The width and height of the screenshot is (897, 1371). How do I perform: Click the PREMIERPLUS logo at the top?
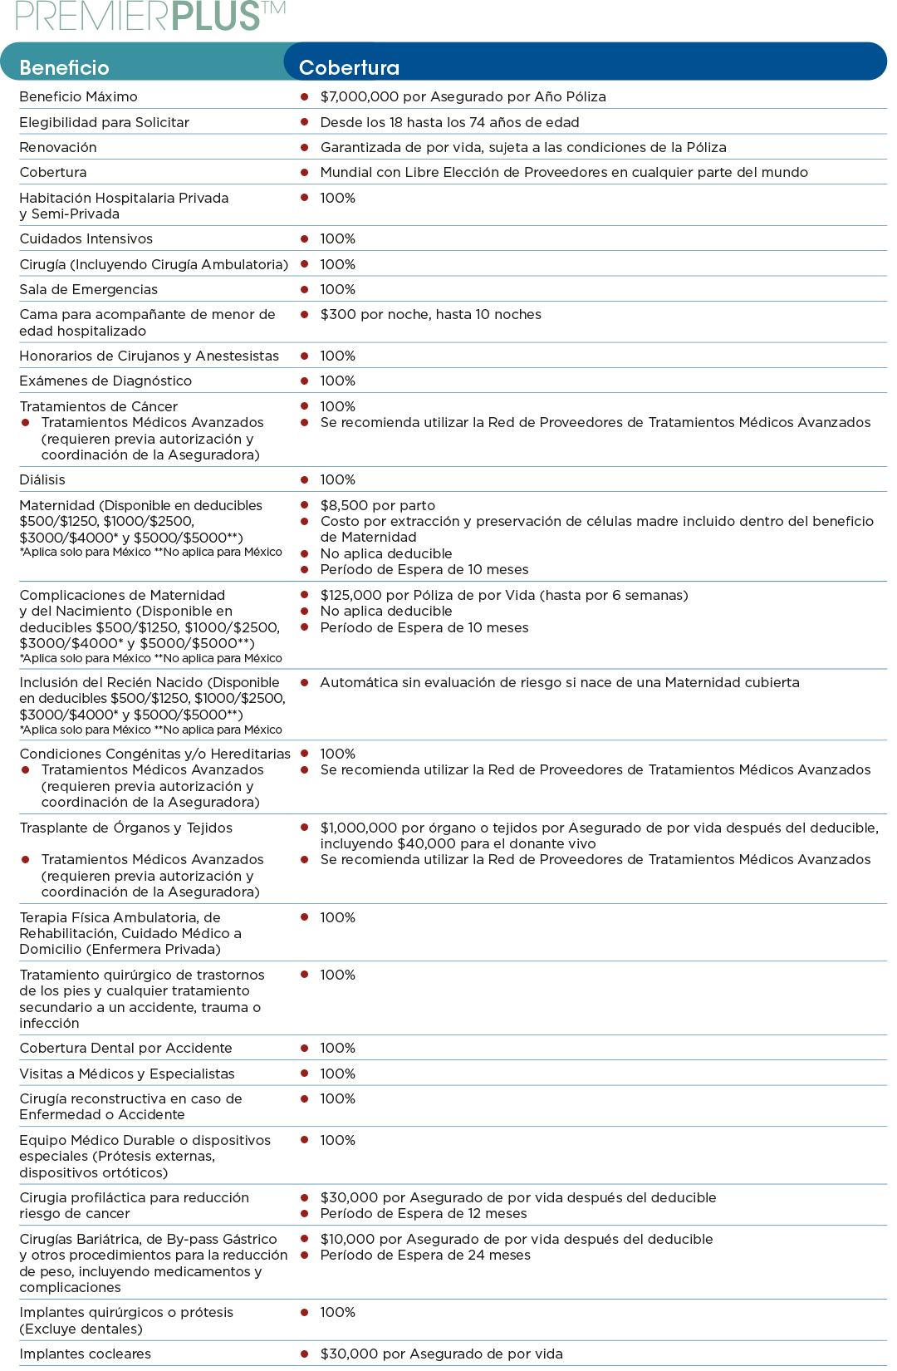[x=149, y=16]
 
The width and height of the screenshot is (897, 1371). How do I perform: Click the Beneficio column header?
[x=64, y=67]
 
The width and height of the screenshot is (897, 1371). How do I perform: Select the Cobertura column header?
[x=349, y=67]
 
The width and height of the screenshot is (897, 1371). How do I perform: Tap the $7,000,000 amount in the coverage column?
[x=359, y=96]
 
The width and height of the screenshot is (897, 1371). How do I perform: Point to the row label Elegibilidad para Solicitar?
[x=104, y=122]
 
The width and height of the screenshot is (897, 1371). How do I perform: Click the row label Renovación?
[x=58, y=147]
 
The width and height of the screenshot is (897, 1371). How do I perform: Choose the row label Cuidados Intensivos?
[x=86, y=238]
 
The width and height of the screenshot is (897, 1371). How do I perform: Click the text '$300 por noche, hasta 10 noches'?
[x=430, y=314]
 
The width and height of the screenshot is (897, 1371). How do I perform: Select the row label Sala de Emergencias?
[x=88, y=289]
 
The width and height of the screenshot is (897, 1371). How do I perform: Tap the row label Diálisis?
[x=42, y=479]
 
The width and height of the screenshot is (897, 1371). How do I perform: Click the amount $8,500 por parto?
[x=377, y=505]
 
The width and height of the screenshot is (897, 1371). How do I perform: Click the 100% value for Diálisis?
[x=337, y=479]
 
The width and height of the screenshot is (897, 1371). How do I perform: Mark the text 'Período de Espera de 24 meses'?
[x=425, y=1255]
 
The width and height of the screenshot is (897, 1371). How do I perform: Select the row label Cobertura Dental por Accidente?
[x=125, y=1048]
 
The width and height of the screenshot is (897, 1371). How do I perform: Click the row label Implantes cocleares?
[x=85, y=1354]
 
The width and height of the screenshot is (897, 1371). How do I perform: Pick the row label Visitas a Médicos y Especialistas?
[x=127, y=1074]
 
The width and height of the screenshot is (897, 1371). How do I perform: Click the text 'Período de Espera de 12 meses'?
[x=424, y=1213]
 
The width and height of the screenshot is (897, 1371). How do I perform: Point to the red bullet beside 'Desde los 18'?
[x=305, y=122]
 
